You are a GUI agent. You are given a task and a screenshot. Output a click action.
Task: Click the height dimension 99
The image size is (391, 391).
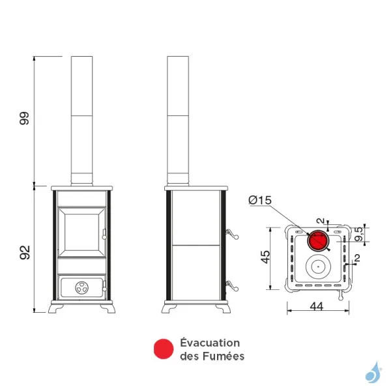25,119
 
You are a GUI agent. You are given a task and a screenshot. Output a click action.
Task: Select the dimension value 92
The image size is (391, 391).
25,252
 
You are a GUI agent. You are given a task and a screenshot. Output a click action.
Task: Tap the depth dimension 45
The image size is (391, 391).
264,257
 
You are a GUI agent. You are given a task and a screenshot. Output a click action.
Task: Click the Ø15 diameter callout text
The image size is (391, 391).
261,200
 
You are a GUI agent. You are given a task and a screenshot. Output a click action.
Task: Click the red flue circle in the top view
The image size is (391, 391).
318,240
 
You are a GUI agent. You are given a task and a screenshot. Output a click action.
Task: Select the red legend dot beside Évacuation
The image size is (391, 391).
163,349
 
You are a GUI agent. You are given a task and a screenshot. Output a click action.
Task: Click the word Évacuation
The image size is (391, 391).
210,343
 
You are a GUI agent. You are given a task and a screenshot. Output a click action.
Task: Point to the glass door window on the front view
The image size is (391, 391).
81,232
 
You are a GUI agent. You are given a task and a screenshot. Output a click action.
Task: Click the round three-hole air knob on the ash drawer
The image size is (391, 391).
81,285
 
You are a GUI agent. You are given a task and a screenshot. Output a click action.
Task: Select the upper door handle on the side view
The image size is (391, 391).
231,233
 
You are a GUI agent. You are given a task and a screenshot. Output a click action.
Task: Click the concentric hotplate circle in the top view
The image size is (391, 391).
318,266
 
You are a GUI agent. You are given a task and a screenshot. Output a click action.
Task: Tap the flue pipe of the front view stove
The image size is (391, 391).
81,117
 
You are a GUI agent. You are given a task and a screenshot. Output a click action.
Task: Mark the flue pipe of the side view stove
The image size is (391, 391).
178,117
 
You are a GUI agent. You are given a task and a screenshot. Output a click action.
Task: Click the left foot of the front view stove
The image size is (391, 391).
58,308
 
